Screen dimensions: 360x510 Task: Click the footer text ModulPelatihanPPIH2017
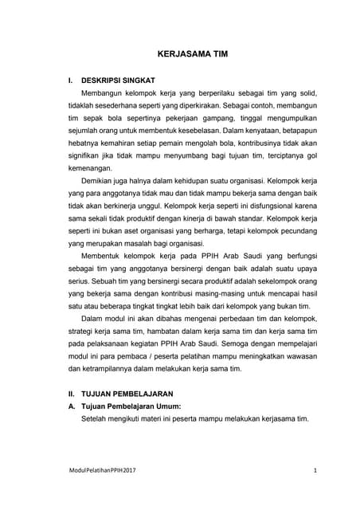point(102,471)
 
